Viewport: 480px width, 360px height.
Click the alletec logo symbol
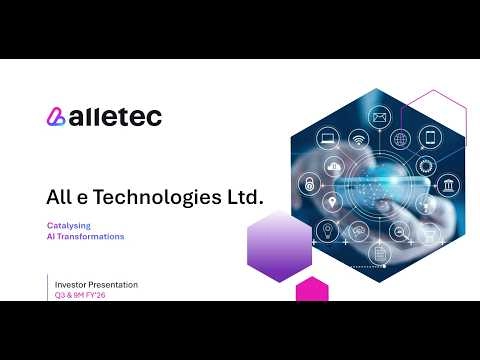pos(56,117)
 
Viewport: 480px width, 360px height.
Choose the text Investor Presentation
pos(96,285)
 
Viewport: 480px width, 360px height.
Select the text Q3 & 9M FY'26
pos(81,296)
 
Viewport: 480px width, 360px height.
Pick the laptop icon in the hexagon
pos(327,137)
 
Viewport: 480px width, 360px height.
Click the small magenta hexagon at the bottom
pos(312,289)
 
